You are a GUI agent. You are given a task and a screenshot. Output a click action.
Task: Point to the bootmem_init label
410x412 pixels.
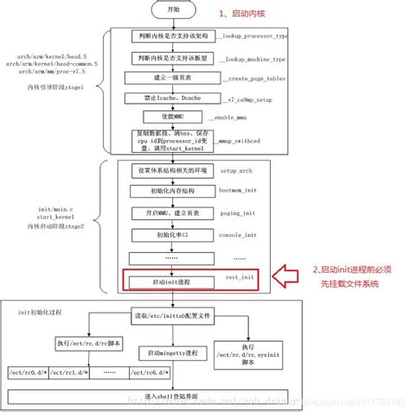click(240, 193)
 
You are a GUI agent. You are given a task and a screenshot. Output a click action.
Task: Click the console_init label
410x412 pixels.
click(240, 235)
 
